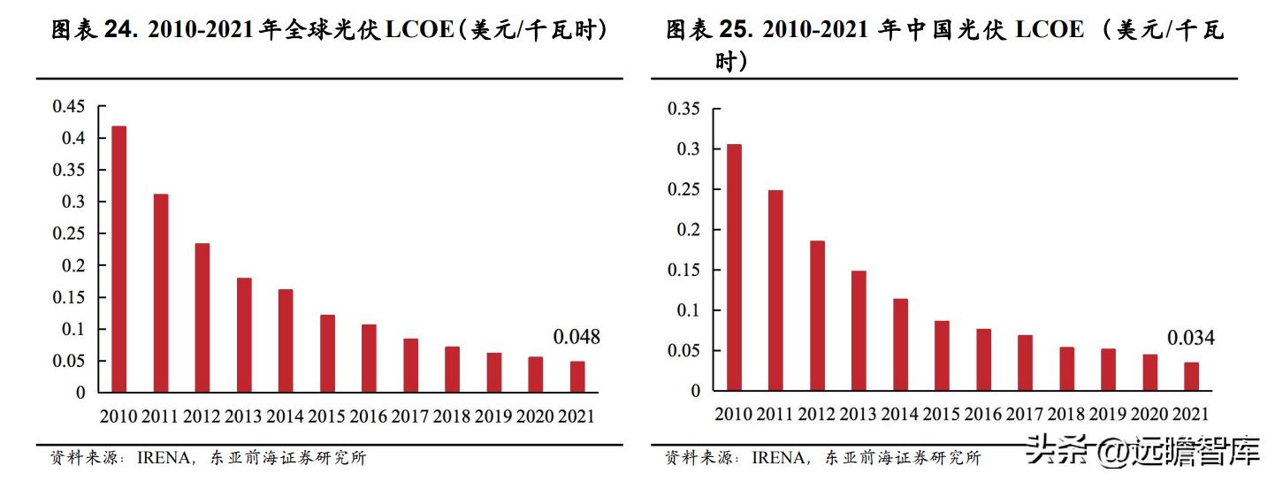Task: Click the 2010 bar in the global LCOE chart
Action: tap(118, 259)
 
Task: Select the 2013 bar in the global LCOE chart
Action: tap(244, 335)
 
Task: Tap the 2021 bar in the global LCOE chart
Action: tap(577, 377)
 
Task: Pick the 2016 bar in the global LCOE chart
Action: tap(369, 358)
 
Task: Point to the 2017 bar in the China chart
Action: tap(1025, 363)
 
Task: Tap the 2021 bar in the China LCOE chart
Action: tap(1191, 377)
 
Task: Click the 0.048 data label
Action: tap(576, 337)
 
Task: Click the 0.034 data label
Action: tap(1191, 338)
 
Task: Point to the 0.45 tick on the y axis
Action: tap(69, 107)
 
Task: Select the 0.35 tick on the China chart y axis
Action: tap(683, 109)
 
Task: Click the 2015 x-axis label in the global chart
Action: tap(326, 416)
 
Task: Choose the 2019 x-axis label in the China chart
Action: tap(1107, 414)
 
